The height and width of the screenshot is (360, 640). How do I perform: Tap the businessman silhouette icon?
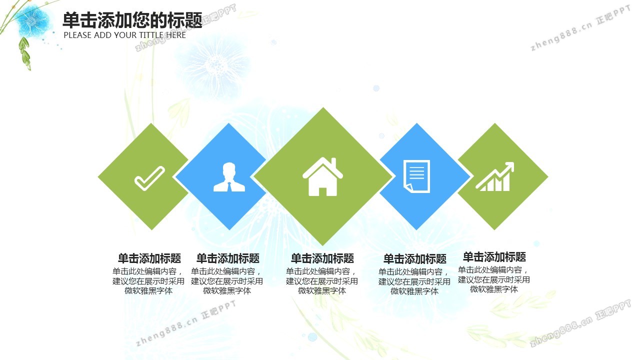tap(229, 177)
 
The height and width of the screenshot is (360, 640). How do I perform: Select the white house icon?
tap(322, 177)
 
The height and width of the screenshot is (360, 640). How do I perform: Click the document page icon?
tap(416, 176)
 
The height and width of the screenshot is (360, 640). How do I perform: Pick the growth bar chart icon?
tap(495, 176)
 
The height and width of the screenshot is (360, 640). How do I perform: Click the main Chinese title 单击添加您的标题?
tap(132, 20)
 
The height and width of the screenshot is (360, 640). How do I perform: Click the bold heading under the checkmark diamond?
tap(149, 258)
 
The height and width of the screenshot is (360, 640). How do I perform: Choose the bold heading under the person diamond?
tap(227, 258)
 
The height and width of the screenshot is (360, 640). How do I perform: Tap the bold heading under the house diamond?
tap(322, 258)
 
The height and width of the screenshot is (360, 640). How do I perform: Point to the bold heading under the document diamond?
tap(414, 259)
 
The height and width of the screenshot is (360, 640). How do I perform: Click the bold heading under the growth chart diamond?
tap(494, 257)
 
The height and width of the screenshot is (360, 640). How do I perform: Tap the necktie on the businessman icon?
tap(229, 186)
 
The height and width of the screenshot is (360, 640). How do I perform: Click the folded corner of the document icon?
tap(407, 187)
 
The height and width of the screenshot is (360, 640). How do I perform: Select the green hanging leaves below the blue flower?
tap(25, 53)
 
